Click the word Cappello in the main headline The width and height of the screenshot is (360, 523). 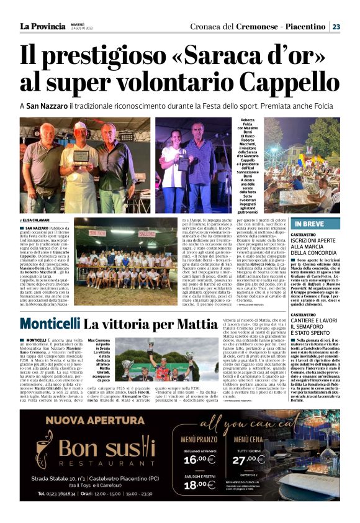point(290,80)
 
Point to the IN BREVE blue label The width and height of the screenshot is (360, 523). point(308,223)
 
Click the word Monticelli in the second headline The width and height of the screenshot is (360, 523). point(50,324)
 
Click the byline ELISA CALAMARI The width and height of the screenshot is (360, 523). point(38,220)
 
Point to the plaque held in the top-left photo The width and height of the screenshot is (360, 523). point(81,155)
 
